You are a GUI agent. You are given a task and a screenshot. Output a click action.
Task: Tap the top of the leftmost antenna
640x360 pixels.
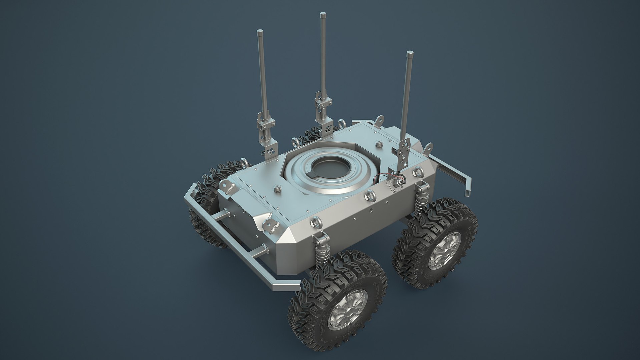(259, 32)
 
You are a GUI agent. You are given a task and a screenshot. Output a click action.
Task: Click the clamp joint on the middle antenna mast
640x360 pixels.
(323, 103)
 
